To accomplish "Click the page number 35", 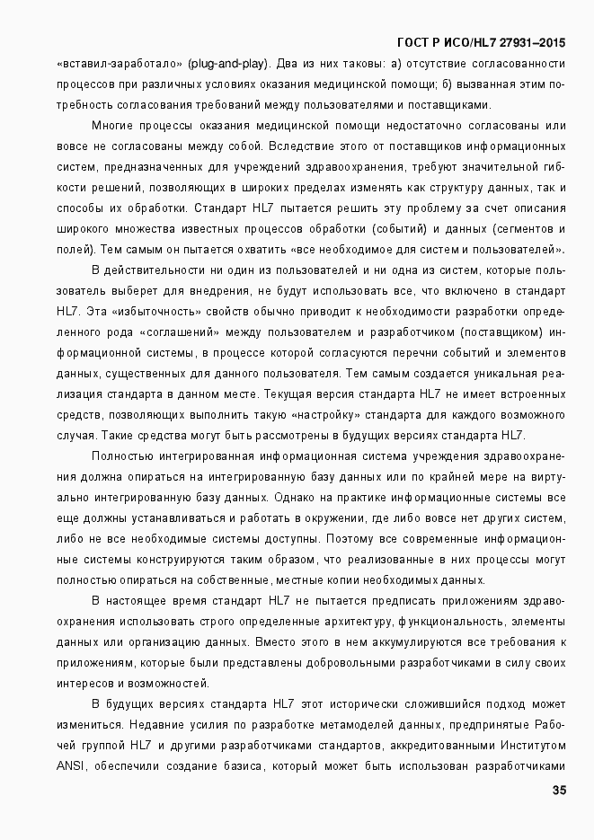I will point(558,791).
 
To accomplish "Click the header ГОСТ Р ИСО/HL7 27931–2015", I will point(481,43).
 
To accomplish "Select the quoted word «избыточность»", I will point(180,312).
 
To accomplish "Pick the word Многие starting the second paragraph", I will point(113,126).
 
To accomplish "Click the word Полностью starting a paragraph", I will point(120,456).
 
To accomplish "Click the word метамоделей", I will point(349,724).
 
